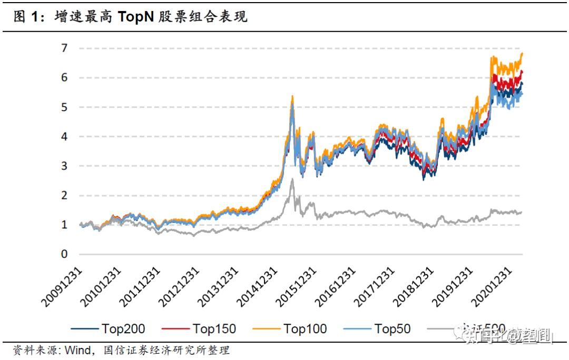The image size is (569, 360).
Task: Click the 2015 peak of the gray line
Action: [292, 179]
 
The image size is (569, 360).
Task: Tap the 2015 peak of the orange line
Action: [292, 96]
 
